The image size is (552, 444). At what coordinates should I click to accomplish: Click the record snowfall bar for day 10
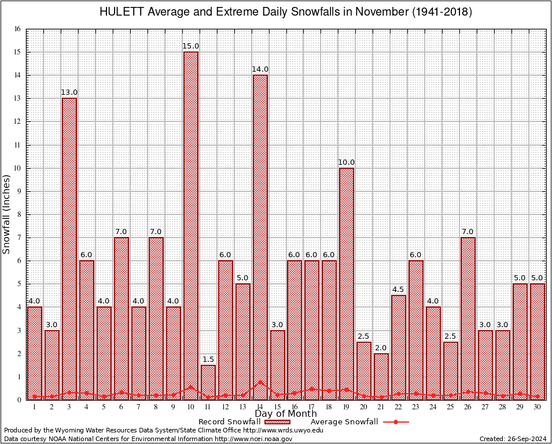(x=191, y=225)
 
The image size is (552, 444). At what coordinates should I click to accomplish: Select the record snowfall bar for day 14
(x=260, y=237)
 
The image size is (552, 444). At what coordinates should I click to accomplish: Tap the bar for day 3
(x=69, y=249)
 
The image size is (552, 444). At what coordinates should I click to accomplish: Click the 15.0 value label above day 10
(x=191, y=46)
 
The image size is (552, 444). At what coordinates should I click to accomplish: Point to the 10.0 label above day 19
(x=347, y=162)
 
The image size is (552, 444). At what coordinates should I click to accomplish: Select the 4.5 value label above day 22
(x=399, y=290)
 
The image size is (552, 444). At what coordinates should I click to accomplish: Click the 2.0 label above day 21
(x=381, y=347)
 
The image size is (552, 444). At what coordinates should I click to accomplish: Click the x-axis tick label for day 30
(x=538, y=406)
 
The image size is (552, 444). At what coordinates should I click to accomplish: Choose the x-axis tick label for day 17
(x=312, y=406)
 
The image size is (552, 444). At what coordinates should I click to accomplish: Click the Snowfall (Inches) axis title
(x=7, y=214)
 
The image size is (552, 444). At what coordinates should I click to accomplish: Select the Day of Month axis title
(x=286, y=414)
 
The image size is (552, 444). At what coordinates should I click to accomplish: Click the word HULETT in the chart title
(x=120, y=12)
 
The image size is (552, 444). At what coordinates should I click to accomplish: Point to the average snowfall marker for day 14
(x=260, y=382)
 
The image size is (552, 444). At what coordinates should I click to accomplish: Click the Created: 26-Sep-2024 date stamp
(x=513, y=439)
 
